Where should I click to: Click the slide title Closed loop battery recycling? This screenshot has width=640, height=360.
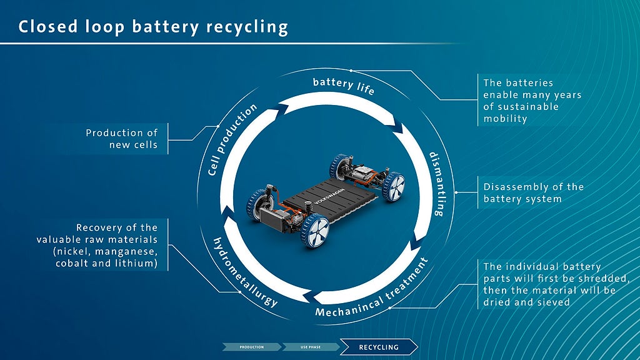[153, 27]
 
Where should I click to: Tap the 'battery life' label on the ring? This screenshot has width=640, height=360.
[344, 86]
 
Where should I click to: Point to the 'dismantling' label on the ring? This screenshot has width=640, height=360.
[436, 183]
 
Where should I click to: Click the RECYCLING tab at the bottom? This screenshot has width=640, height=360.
[379, 347]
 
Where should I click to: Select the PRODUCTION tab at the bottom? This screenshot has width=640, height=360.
[251, 347]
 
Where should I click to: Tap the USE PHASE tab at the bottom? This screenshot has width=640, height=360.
[309, 347]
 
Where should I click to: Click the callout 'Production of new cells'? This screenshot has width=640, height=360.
[122, 139]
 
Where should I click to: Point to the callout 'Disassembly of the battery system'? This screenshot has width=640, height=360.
[533, 192]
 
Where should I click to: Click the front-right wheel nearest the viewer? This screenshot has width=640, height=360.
[315, 229]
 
